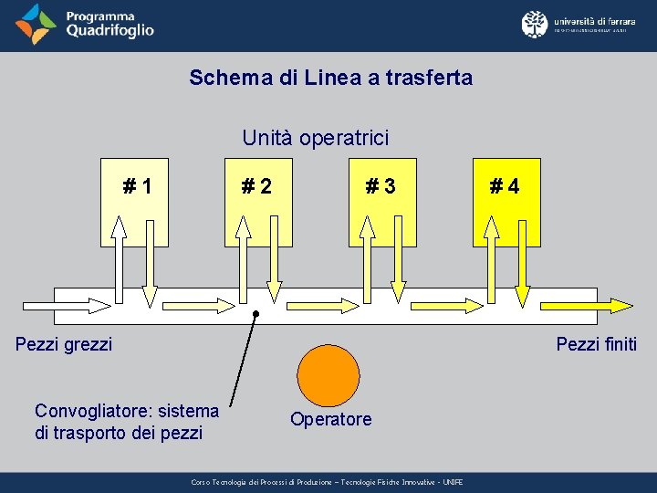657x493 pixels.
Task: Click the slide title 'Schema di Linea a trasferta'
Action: pos(330,78)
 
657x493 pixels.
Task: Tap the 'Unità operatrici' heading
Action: pos(315,138)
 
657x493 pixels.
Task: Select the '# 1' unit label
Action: pos(138,187)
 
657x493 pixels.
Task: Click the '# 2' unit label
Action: pos(256,187)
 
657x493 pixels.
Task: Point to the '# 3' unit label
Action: pos(381,187)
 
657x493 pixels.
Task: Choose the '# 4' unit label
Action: pos(505,187)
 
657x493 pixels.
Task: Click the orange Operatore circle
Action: pos(329,375)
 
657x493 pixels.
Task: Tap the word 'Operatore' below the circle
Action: pos(330,419)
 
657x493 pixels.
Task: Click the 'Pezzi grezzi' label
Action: pos(64,344)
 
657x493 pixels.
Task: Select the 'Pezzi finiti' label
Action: pos(596,344)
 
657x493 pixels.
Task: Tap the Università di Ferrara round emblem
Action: pos(535,24)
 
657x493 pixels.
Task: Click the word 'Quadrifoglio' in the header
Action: pos(109,31)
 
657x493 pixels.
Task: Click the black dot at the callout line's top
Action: pos(256,314)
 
